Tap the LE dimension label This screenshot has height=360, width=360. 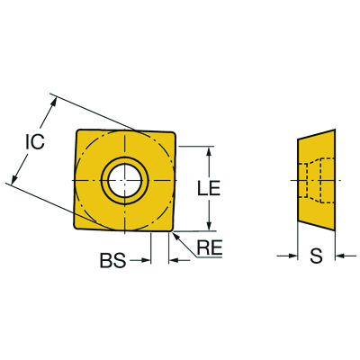click(208, 188)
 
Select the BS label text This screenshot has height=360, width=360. click(112, 261)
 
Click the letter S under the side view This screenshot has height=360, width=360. click(315, 257)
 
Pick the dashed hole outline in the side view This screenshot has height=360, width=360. click(314, 180)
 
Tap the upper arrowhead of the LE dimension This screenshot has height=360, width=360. click(210, 150)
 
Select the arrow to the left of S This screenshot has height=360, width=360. click(292, 257)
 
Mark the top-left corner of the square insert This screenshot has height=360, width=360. click(76, 132)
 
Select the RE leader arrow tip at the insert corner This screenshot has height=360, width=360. click(175, 232)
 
